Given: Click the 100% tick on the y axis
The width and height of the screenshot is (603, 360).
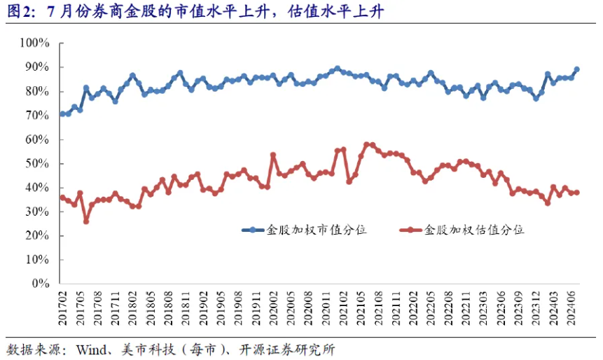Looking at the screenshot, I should pos(34,43).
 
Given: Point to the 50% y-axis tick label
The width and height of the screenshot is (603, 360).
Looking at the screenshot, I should pos(36,164).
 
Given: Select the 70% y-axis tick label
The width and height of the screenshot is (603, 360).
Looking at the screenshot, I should pos(36,116).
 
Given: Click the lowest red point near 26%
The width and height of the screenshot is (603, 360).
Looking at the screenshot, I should pos(86,221).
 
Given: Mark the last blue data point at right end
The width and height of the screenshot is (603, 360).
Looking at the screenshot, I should pos(576,69).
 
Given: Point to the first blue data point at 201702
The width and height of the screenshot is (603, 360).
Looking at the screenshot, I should pos(62,114).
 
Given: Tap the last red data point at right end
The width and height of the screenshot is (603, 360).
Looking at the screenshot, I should pos(576,193).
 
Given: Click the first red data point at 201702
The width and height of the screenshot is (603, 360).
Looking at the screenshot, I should pos(62,198).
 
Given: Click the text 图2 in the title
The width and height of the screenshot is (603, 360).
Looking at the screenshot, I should pos(18,13).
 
